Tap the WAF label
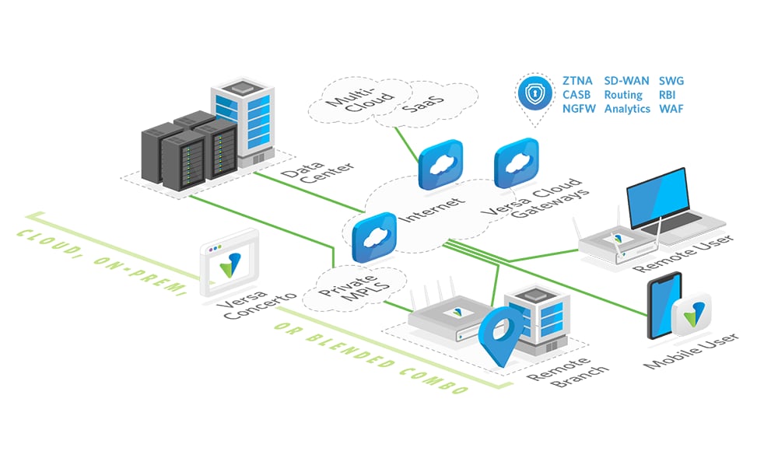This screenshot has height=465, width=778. (671, 109)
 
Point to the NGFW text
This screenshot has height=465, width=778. (579, 109)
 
